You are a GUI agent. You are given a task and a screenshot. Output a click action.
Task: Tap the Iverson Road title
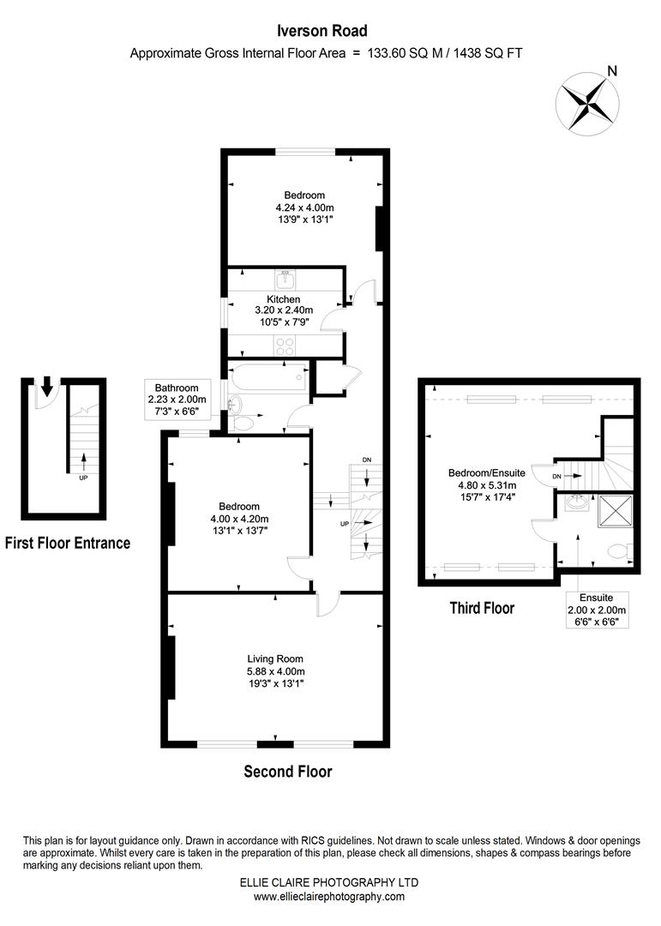pyautogui.click(x=322, y=31)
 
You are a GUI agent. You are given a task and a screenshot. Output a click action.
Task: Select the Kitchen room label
pyautogui.click(x=283, y=299)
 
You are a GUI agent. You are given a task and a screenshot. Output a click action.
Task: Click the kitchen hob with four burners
pyautogui.click(x=285, y=345)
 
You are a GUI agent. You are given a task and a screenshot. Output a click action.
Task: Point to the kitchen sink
pyautogui.click(x=285, y=279)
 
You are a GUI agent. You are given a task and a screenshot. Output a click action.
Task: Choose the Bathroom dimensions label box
pyautogui.click(x=177, y=400)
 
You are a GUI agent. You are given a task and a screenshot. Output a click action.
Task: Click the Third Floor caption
pyautogui.click(x=482, y=608)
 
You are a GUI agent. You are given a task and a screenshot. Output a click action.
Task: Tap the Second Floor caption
pyautogui.click(x=287, y=771)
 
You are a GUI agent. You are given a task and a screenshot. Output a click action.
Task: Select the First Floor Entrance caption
pyautogui.click(x=68, y=543)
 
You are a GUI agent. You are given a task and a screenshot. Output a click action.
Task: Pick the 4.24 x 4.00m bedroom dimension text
pyautogui.click(x=304, y=207)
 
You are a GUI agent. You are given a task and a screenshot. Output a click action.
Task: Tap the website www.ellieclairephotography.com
pyautogui.click(x=329, y=896)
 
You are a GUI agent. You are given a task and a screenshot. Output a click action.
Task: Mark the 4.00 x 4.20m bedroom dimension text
pyautogui.click(x=239, y=518)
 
